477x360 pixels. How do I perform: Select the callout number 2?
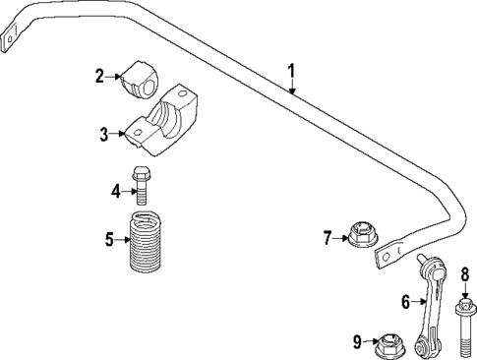99,75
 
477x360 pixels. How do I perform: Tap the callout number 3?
103,134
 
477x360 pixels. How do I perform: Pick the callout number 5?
110,237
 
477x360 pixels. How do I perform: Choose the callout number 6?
404,301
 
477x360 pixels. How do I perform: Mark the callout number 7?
328,236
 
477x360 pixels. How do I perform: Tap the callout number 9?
357,342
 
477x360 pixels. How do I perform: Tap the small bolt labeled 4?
142,188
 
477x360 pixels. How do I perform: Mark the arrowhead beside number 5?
124,237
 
